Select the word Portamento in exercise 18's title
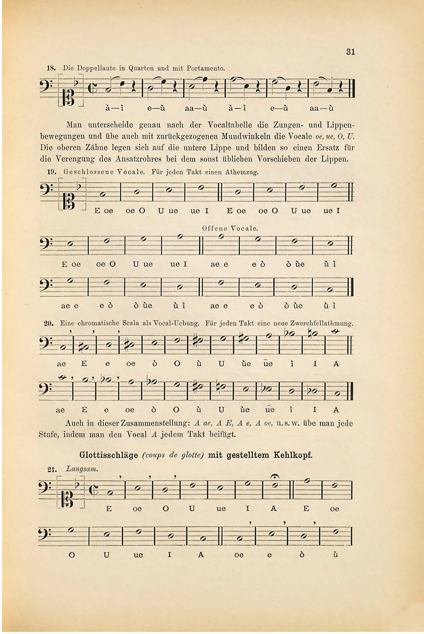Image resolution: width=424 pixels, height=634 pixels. [x=205, y=68]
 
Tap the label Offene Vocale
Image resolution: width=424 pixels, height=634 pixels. [x=230, y=228]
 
